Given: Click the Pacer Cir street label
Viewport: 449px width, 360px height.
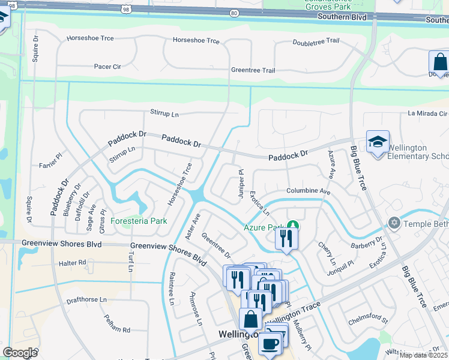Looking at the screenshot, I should [x=107, y=67].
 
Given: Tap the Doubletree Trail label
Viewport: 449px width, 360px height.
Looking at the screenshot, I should [x=316, y=42].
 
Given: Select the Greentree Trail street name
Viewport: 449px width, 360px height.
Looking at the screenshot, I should [x=253, y=71].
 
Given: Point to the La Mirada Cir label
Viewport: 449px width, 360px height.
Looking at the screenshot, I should [x=428, y=113].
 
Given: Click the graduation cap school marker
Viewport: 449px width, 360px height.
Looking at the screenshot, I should [x=378, y=142].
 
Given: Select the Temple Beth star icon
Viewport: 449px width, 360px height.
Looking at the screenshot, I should [x=394, y=223].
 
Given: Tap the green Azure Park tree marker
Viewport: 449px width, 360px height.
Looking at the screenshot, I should [x=292, y=226].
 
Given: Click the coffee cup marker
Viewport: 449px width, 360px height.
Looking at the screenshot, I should [x=270, y=344].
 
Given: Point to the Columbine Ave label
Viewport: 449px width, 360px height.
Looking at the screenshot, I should [x=309, y=191].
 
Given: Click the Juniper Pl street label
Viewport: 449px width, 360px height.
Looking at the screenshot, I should [x=241, y=180].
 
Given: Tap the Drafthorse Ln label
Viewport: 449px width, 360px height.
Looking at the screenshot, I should [x=86, y=299].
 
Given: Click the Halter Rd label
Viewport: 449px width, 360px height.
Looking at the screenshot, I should [x=73, y=263].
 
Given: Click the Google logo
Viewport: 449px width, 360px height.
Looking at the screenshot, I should [x=20, y=352].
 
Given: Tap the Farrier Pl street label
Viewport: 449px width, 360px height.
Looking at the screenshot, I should [x=50, y=165].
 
